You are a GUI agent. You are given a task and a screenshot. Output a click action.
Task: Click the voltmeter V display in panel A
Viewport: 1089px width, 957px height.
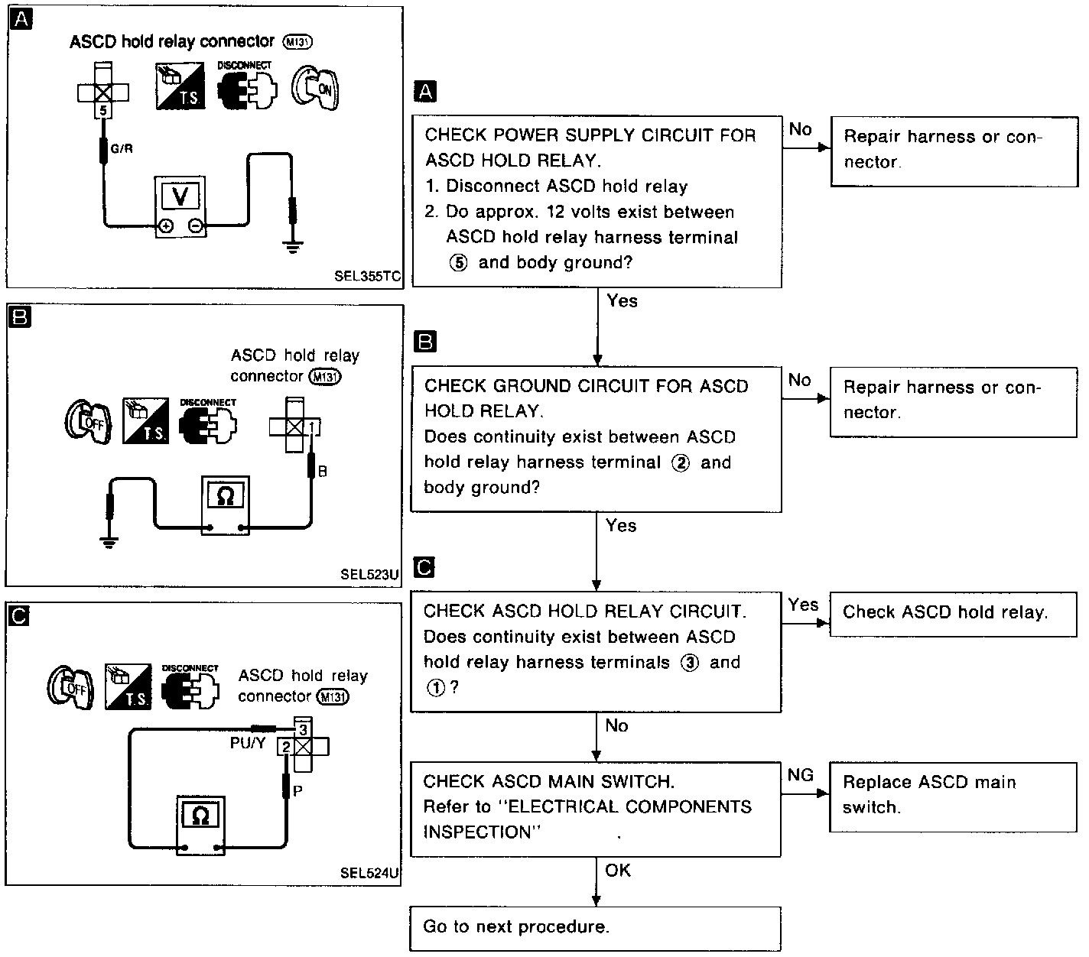[x=180, y=196]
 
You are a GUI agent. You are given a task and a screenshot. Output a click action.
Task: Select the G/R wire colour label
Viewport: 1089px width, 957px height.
[x=122, y=148]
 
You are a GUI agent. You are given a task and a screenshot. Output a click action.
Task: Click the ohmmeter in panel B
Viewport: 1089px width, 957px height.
[x=225, y=504]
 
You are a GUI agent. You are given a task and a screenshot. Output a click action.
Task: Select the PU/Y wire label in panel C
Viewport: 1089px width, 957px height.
[x=248, y=743]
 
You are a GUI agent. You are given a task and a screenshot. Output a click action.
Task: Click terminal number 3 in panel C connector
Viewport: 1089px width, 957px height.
[x=303, y=729]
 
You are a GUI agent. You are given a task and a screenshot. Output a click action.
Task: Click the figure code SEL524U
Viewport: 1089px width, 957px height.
[x=370, y=872]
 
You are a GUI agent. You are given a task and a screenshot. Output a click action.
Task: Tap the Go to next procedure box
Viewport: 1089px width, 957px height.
[x=595, y=928]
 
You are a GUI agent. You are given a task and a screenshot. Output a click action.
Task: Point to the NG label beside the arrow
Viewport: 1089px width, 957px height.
[x=800, y=776]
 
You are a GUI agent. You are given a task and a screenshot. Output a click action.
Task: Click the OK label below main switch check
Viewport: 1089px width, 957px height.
[x=618, y=871]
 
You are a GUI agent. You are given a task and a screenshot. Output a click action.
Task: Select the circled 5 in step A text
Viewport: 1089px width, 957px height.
[x=458, y=263]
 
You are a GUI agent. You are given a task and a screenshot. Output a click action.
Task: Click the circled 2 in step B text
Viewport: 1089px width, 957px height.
[x=679, y=463]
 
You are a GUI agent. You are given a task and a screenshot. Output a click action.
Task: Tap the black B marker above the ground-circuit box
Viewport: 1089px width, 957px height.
[x=424, y=341]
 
